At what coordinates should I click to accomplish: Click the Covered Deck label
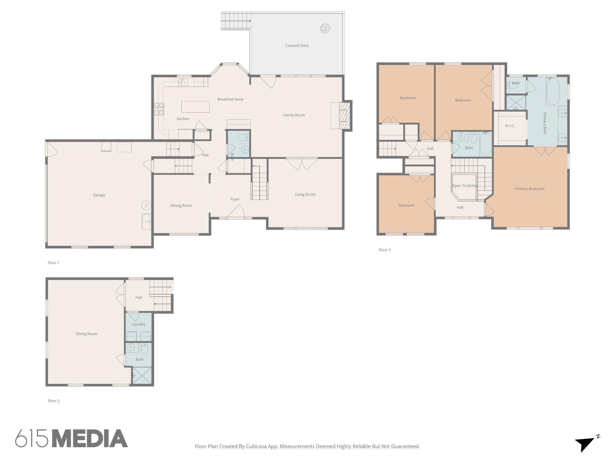tap(297, 45)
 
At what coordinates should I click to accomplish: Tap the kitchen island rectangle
tap(195, 106)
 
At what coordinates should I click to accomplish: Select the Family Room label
tap(294, 115)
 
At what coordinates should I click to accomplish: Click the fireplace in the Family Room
tap(341, 116)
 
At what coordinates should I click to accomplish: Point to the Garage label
tap(99, 195)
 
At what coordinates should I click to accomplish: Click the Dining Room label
tap(181, 205)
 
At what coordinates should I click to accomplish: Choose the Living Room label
tap(305, 194)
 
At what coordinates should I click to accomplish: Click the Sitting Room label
tap(86, 334)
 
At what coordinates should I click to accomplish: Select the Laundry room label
tap(138, 324)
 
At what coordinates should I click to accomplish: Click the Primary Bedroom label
tap(529, 189)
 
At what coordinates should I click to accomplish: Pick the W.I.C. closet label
tap(510, 126)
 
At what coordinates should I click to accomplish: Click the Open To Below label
tap(465, 186)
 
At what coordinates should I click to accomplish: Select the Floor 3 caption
tap(385, 250)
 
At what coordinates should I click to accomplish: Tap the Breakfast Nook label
tap(230, 99)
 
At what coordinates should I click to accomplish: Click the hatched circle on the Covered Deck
tap(325, 28)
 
